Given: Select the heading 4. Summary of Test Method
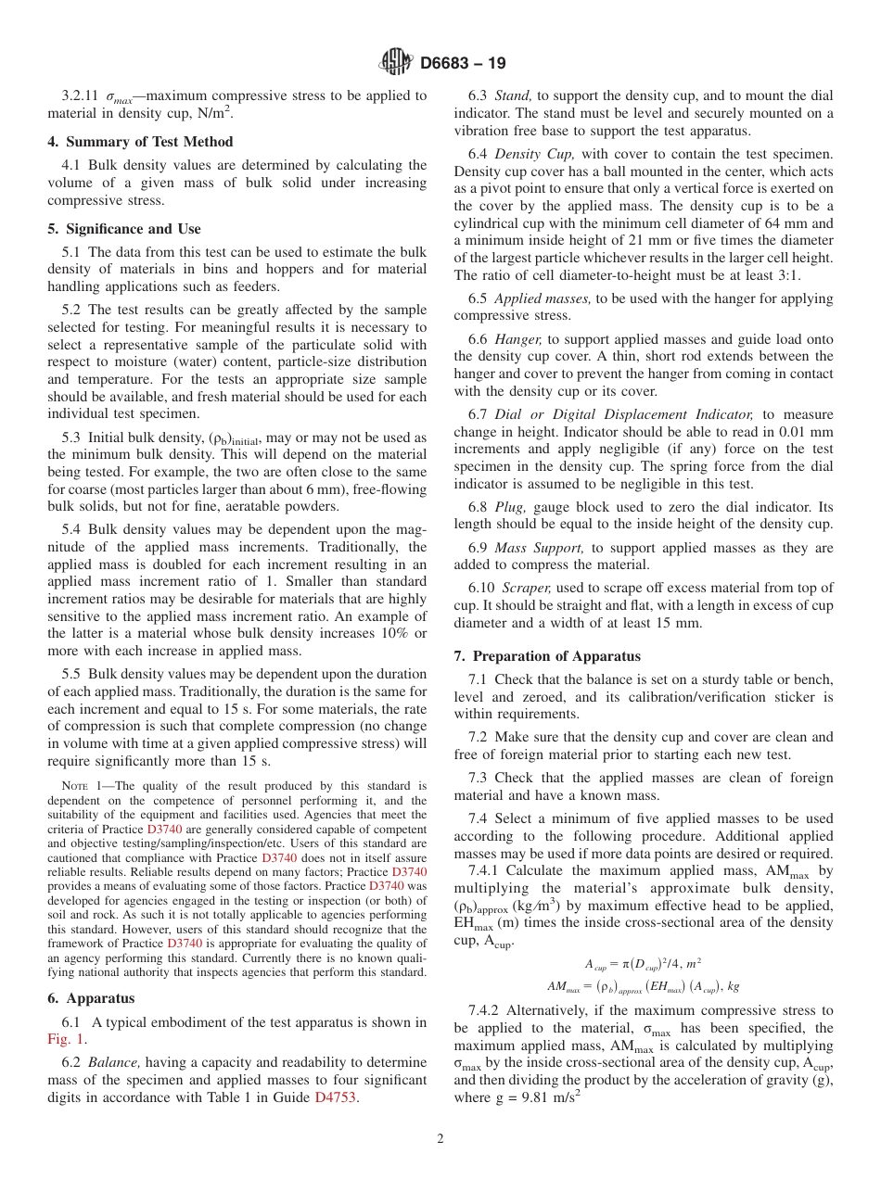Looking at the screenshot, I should point(140,142).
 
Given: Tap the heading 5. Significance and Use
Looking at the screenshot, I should point(124,229).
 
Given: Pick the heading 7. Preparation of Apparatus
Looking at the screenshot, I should point(547,656).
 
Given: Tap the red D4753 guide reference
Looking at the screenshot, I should point(335,1097).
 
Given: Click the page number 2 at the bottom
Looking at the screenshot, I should point(440,1139).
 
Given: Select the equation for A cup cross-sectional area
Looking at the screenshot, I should point(644,963).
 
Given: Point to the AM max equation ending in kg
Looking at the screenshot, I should point(644,985).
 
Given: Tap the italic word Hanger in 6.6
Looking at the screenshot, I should point(519,339).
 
